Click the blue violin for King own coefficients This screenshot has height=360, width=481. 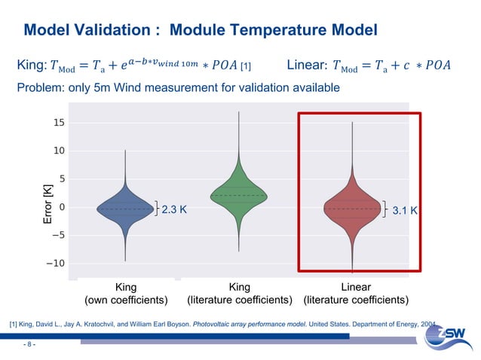pos(125,209)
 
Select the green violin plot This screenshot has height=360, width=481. pos(239,194)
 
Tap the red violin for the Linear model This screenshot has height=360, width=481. pos(352,208)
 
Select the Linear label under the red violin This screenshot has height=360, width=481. pos(356,288)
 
